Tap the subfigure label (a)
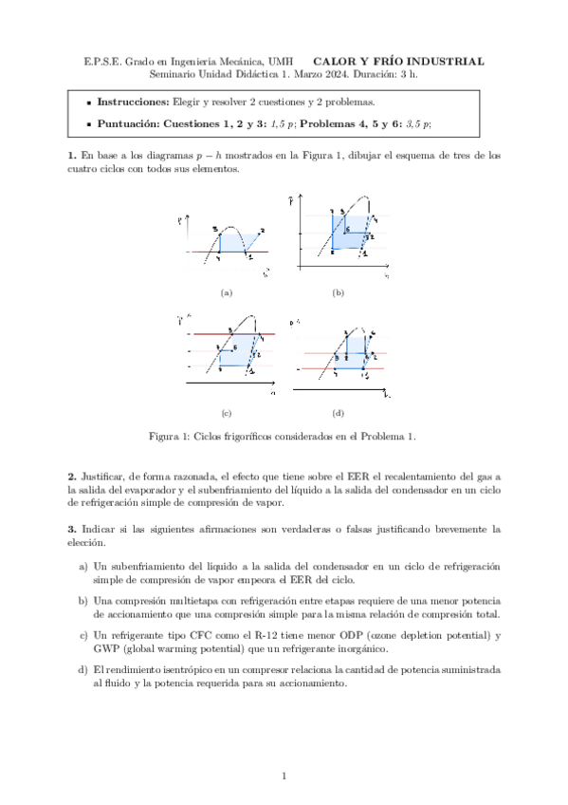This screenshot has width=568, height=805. [226, 293]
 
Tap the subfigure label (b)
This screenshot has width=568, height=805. [338, 293]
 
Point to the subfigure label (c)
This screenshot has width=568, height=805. [226, 413]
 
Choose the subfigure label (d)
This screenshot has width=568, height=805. [338, 413]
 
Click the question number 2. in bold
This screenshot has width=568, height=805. [72, 475]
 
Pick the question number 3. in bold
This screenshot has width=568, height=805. [72, 528]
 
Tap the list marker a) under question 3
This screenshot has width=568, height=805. [83, 566]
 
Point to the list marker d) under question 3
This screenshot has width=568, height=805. [83, 669]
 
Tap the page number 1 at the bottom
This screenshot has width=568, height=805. [284, 777]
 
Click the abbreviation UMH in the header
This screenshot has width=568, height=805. [282, 62]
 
